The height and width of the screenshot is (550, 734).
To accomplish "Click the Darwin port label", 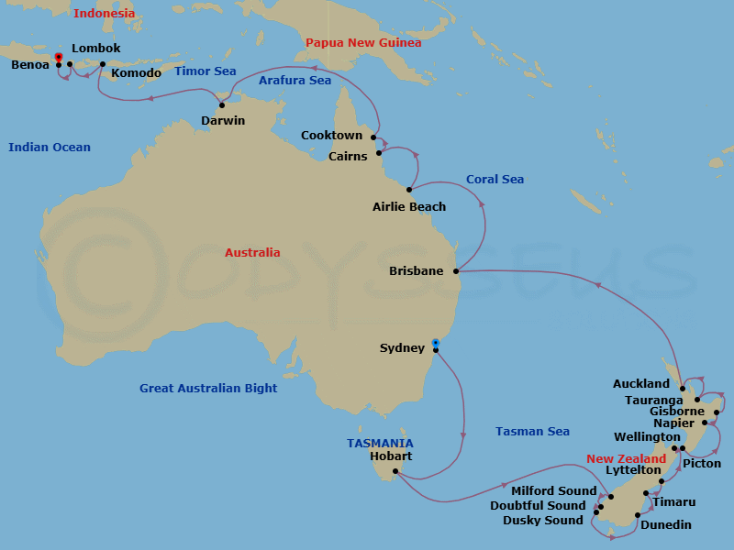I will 223,120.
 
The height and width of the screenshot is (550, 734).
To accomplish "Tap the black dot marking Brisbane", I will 456,271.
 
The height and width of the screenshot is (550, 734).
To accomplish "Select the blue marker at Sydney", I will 435,344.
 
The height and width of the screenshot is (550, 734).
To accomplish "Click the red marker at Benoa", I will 59,58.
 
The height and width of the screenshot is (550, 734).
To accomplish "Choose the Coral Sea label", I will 495,180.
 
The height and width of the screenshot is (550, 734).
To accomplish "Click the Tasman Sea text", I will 532,432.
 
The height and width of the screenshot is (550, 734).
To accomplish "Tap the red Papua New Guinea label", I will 363,43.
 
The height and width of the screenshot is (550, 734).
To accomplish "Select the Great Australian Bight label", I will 208,389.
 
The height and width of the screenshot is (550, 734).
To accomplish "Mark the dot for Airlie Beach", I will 409,190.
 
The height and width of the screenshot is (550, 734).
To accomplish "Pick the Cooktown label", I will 331,136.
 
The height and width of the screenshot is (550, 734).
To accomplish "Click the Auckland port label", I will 641,384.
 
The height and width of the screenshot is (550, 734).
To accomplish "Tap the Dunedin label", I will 666,525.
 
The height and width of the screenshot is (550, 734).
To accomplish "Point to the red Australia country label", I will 252,253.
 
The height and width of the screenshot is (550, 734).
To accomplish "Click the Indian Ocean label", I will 50,148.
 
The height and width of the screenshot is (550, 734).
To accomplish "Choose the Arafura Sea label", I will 295,81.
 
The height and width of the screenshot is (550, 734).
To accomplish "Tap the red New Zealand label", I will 626,459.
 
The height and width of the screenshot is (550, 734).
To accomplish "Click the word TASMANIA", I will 380,443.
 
